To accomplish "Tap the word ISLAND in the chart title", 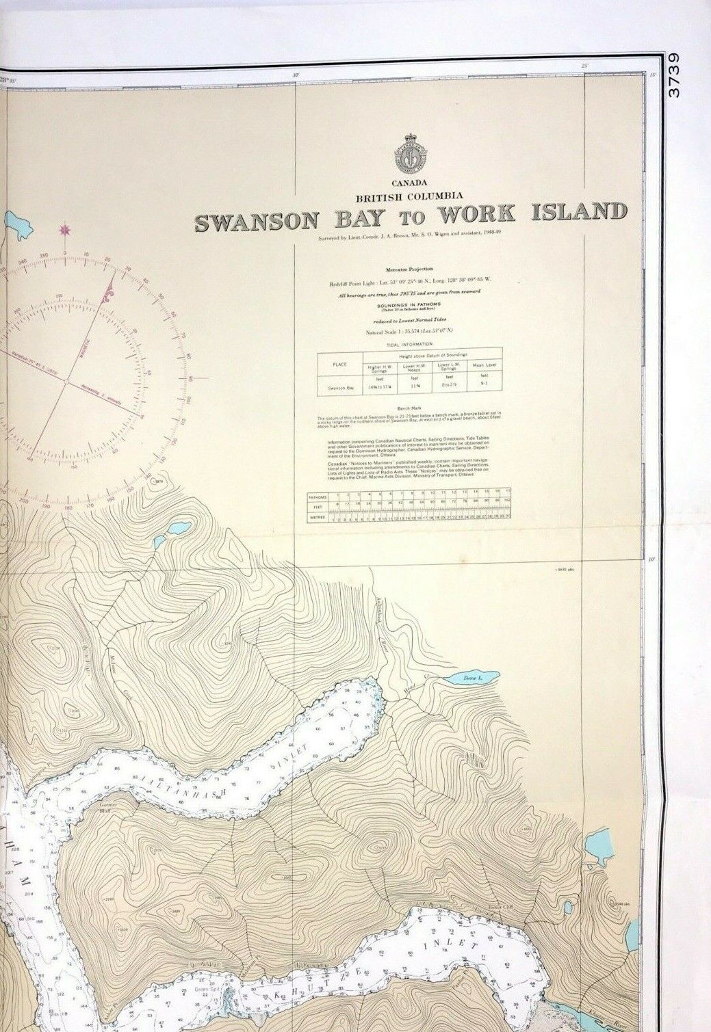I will pyautogui.click(x=580, y=212).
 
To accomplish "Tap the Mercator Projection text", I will pyautogui.click(x=410, y=269).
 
